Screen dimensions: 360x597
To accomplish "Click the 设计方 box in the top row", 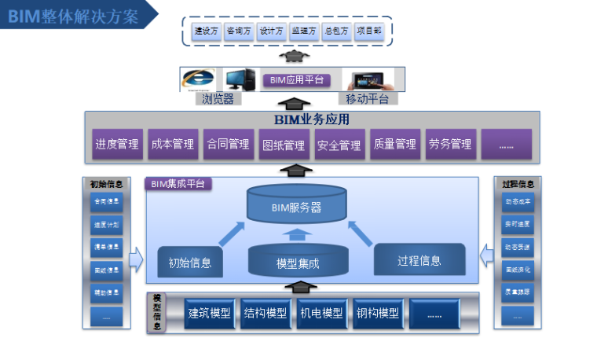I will click(270, 31).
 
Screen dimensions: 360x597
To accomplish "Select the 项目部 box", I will click(368, 31).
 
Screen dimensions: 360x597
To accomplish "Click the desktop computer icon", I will click(240, 80).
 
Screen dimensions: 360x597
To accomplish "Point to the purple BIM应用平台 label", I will click(295, 80).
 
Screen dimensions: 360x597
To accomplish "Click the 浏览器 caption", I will click(218, 99).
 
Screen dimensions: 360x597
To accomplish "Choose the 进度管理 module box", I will click(117, 145).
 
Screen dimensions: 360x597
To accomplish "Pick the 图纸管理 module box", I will click(283, 145).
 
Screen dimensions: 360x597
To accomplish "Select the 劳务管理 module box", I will click(450, 145).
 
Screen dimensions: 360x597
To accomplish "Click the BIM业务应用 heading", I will click(311, 120).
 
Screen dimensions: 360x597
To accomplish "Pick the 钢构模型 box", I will click(377, 313).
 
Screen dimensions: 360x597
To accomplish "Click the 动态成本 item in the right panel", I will click(517, 201).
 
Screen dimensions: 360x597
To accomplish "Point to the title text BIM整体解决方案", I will click(74, 16).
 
